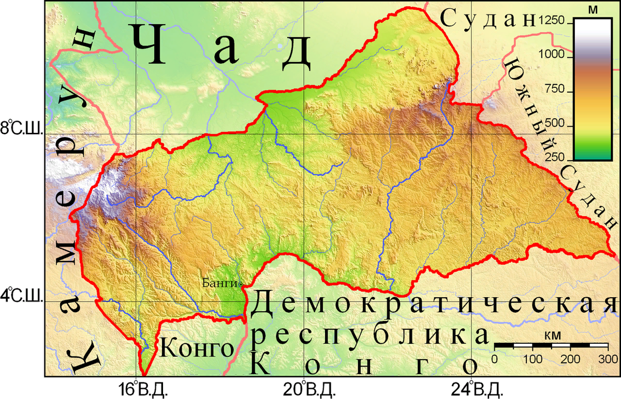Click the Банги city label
click(219, 283)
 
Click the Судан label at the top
click(486, 19)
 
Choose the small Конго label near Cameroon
click(196, 349)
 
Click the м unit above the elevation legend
click(596, 9)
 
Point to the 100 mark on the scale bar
click(533, 358)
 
